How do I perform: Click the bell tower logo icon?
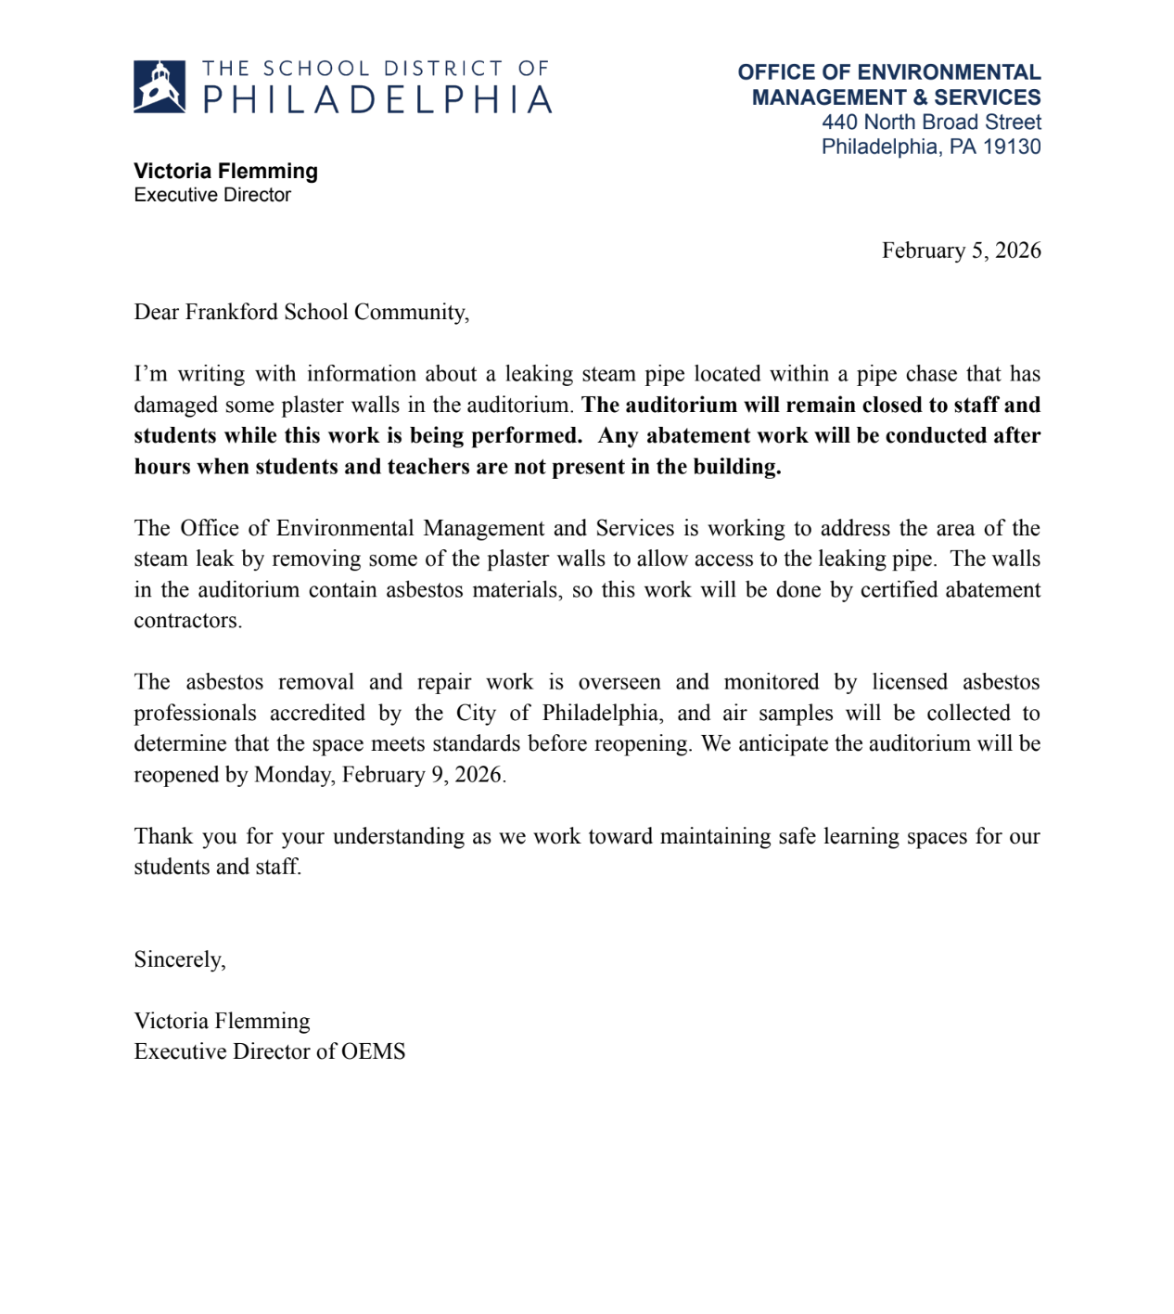pyautogui.click(x=160, y=86)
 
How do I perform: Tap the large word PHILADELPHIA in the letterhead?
pyautogui.click(x=377, y=100)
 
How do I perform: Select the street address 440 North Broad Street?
pyautogui.click(x=931, y=122)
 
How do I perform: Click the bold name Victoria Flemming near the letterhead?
pyautogui.click(x=225, y=171)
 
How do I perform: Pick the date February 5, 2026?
pyautogui.click(x=961, y=251)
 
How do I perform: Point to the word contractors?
pyautogui.click(x=186, y=621)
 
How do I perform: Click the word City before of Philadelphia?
pyautogui.click(x=476, y=714)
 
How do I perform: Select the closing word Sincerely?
pyautogui.click(x=178, y=960)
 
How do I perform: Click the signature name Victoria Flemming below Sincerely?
pyautogui.click(x=222, y=1021)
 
